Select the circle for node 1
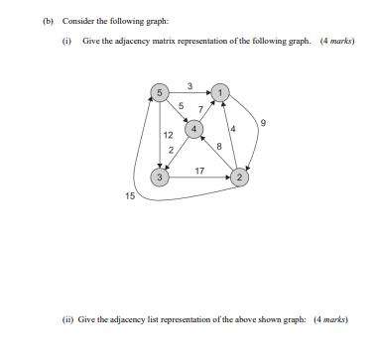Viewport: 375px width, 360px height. click(220, 92)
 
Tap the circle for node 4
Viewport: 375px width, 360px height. click(195, 128)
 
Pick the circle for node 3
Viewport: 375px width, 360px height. click(159, 177)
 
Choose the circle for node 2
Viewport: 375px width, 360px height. click(240, 177)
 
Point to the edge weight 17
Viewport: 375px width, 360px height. click(200, 170)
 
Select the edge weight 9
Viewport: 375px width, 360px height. click(263, 124)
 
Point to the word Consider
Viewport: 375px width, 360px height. click(77, 20)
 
